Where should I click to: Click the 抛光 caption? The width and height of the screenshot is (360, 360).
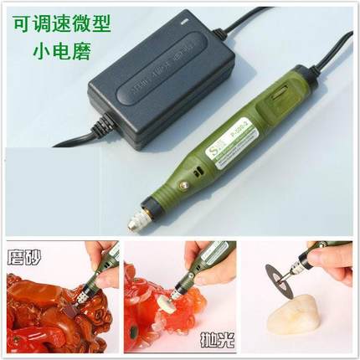215,341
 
